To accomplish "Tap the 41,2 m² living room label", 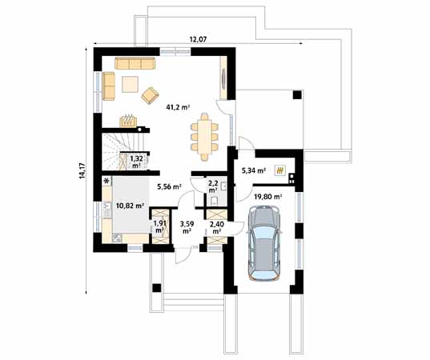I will point(177,106).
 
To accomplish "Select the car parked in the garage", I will point(265,243).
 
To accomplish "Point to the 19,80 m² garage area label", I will point(267,195).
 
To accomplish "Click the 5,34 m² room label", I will point(254,170).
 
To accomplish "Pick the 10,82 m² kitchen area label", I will point(129,206).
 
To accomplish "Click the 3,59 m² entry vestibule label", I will point(187,227).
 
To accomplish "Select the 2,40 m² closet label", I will point(216,227).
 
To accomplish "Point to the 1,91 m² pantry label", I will point(159,227).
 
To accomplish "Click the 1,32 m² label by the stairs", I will point(136,162).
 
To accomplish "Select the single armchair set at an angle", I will point(150,95).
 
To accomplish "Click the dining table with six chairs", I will point(206,133).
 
